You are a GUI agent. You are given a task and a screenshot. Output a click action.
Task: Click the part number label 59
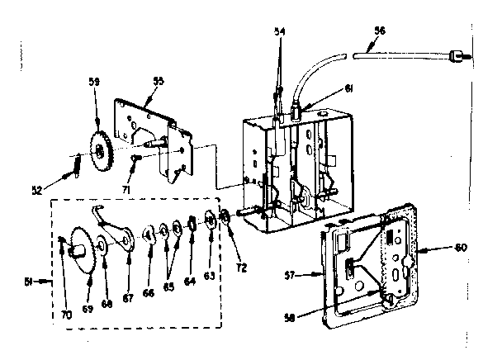(94, 81)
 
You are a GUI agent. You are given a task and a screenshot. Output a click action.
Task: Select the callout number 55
(159, 81)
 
